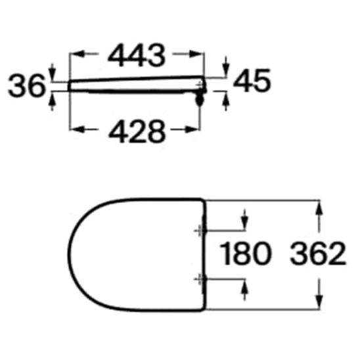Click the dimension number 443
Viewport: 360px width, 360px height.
click(x=137, y=56)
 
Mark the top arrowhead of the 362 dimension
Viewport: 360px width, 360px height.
click(x=320, y=205)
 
